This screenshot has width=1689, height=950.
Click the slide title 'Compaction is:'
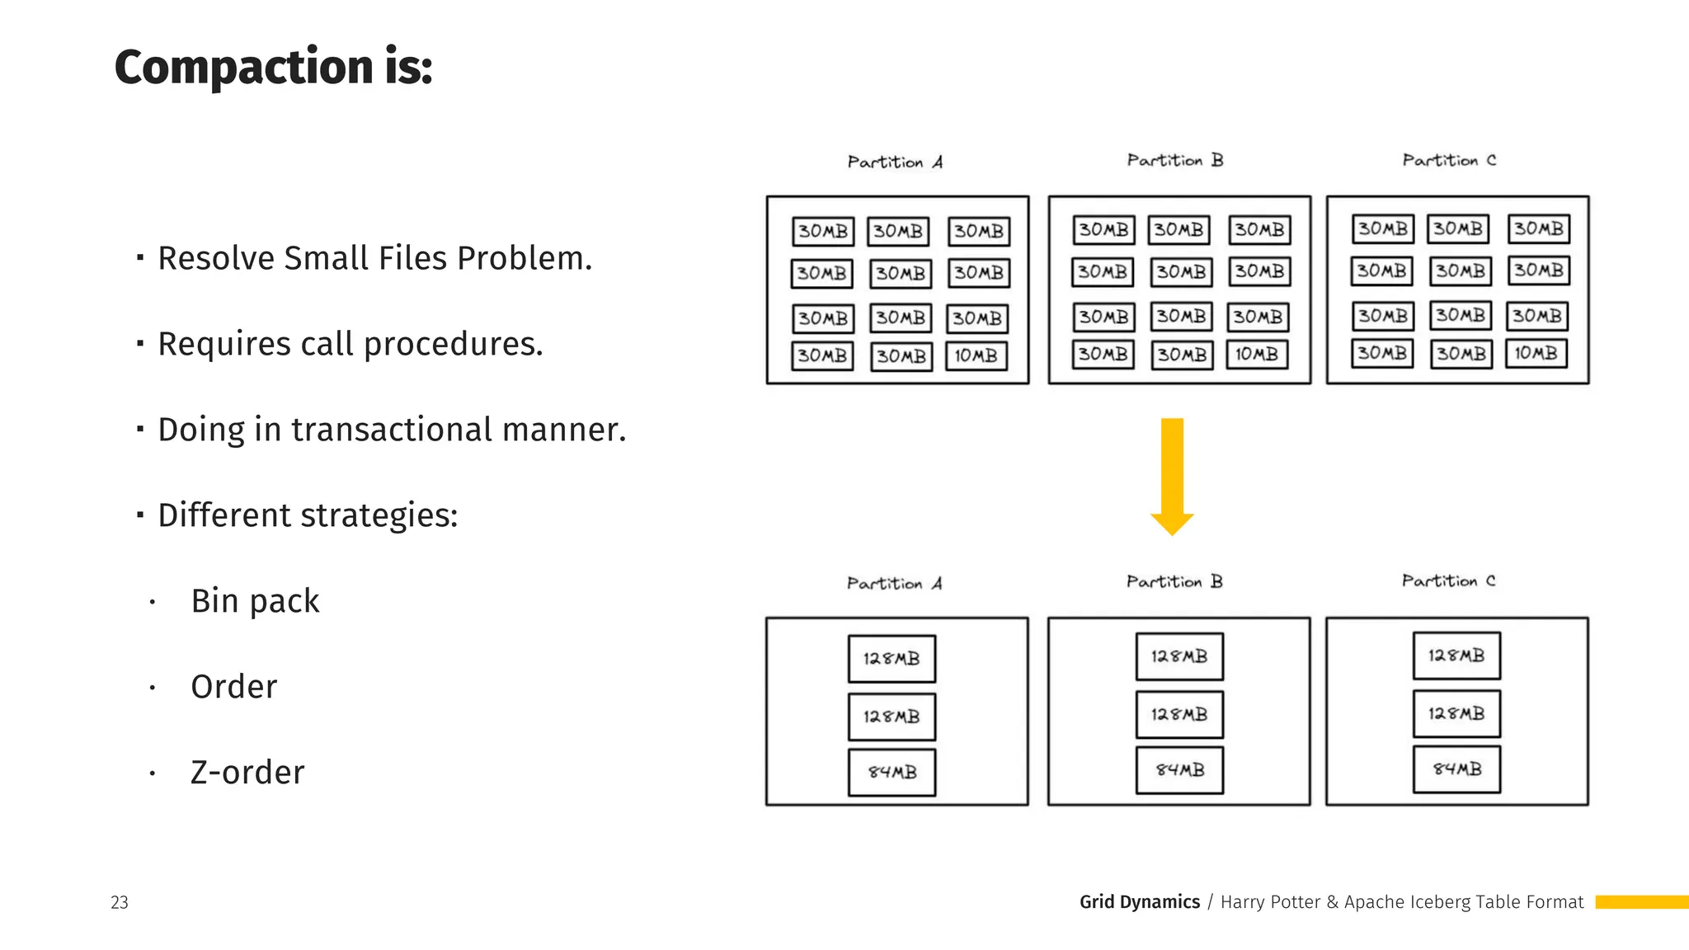(273, 67)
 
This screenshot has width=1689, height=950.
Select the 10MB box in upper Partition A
(976, 356)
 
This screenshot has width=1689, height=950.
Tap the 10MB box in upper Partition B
(1257, 355)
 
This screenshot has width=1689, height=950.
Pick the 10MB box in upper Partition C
(1536, 354)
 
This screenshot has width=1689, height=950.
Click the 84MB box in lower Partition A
(892, 773)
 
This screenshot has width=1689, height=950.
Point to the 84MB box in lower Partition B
(1179, 770)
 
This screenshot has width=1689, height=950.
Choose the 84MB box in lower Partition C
(1456, 769)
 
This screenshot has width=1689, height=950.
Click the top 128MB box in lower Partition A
(892, 659)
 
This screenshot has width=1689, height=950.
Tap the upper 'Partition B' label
(1175, 161)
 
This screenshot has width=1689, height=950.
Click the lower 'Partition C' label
(1449, 581)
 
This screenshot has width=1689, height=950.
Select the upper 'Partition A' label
(895, 162)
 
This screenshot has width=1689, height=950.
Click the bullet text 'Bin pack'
(255, 601)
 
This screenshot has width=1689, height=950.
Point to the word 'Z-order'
(247, 773)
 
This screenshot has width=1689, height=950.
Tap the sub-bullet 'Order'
(234, 687)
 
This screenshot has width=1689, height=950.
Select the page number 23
(120, 902)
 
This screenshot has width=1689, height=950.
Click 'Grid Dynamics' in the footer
(1140, 902)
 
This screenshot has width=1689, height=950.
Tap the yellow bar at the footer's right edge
(1641, 902)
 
